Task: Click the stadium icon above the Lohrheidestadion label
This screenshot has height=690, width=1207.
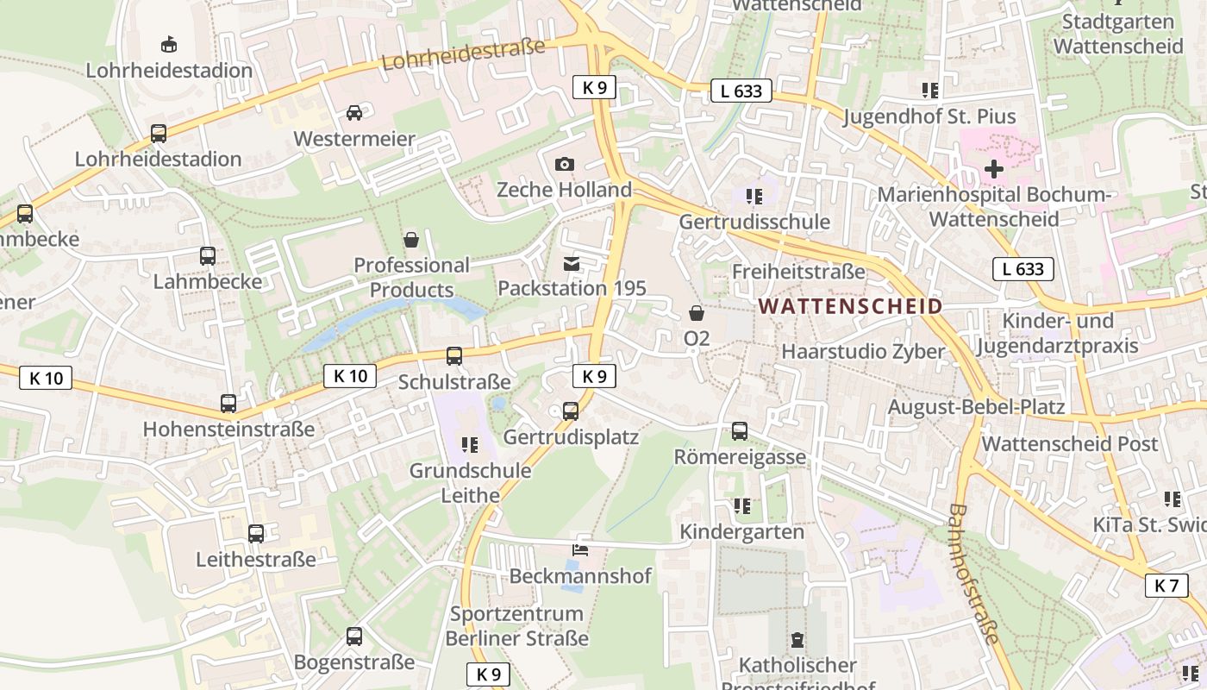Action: [x=169, y=44]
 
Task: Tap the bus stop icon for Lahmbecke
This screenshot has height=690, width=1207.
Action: [x=208, y=256]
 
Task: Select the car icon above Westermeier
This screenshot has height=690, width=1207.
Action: [x=353, y=113]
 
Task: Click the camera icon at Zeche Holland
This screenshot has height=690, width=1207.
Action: [x=565, y=164]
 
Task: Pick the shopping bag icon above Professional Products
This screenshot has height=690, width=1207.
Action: [x=411, y=239]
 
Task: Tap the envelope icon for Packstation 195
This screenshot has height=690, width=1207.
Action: [x=572, y=263]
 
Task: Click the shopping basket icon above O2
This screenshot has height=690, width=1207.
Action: [x=697, y=313]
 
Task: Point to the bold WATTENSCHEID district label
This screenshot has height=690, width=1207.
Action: [x=850, y=306]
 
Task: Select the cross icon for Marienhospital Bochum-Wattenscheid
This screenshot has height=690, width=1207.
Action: [x=993, y=169]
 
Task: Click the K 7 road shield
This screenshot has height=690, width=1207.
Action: [x=1166, y=586]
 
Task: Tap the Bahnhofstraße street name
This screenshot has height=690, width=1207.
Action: [x=973, y=574]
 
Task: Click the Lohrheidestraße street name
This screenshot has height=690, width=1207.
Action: [x=463, y=53]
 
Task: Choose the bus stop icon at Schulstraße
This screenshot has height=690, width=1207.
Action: [x=454, y=355]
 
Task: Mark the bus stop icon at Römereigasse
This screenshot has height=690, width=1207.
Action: [x=740, y=431]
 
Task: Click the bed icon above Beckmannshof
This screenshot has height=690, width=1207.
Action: [x=580, y=549]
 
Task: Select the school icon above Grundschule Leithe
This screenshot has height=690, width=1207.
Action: [x=470, y=445]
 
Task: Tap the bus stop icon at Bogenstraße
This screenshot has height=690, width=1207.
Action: [x=354, y=637]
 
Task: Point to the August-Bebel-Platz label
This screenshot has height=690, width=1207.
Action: [x=976, y=406]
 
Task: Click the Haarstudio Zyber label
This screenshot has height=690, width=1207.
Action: [x=863, y=351]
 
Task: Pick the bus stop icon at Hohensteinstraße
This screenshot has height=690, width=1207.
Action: [x=228, y=403]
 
